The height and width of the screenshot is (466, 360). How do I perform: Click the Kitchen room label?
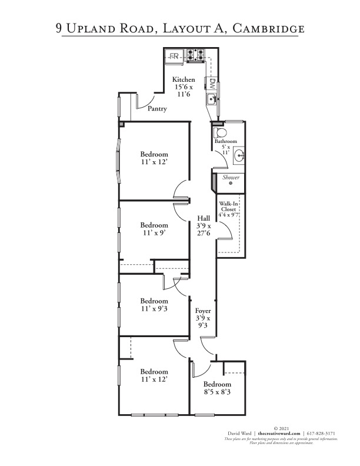[183, 79]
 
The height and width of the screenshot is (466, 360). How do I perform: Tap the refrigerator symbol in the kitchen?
[174, 56]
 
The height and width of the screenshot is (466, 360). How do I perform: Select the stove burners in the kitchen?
[195, 56]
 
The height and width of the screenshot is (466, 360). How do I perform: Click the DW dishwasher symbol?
[213, 83]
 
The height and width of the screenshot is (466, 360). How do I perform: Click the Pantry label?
[157, 109]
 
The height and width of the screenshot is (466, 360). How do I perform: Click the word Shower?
[230, 177]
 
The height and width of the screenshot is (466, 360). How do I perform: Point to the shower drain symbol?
[231, 184]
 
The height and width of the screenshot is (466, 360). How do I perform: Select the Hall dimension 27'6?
[204, 233]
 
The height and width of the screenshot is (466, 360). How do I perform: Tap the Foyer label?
[203, 310]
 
